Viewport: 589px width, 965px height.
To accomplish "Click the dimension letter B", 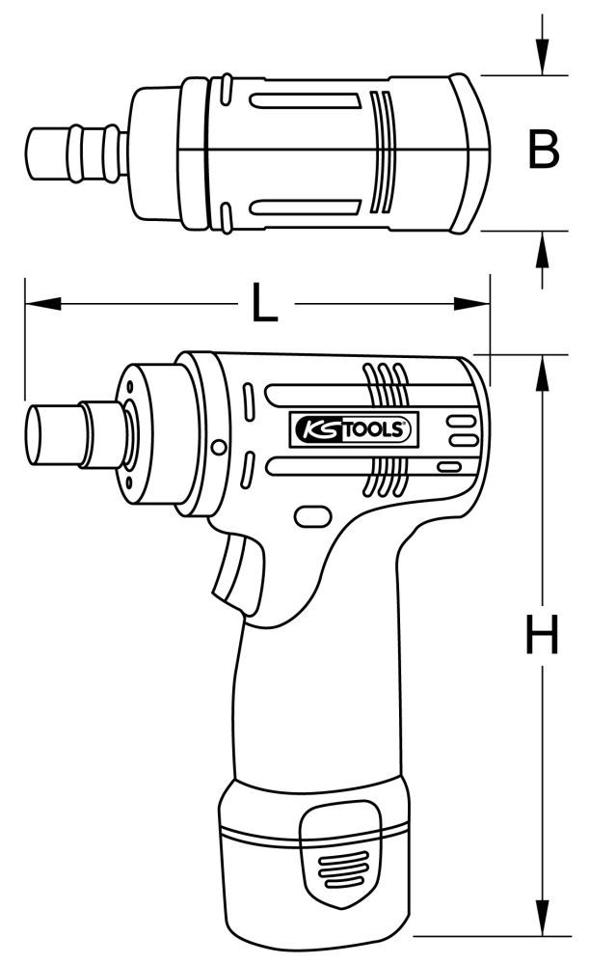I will pos(544,152).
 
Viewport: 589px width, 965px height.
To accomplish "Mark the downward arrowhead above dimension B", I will pos(543,58).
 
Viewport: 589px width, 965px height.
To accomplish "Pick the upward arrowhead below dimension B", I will pos(543,248).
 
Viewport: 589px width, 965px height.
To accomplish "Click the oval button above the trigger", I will pos(311,516).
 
